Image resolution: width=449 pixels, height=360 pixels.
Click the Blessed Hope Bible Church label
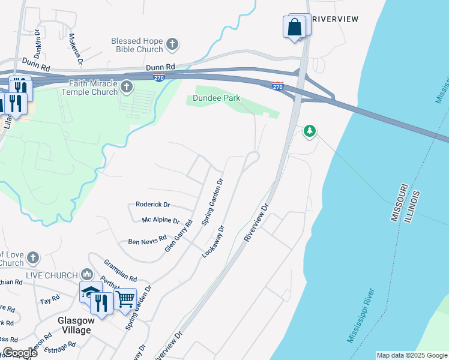[x=137, y=45]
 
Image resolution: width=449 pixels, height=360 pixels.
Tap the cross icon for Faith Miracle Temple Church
[x=126, y=88]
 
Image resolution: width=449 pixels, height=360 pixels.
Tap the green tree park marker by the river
[x=310, y=130]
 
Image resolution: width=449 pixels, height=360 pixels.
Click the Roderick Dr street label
[x=153, y=204]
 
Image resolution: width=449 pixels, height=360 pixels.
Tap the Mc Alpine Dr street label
[x=160, y=221]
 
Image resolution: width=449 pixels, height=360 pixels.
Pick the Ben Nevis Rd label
[x=148, y=241]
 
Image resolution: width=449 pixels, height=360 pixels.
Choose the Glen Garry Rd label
[x=178, y=235]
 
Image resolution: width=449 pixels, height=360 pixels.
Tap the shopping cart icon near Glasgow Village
[x=125, y=297]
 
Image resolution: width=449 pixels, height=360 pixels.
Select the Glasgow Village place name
[x=74, y=325]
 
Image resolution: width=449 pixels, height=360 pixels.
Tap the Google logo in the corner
[x=20, y=352]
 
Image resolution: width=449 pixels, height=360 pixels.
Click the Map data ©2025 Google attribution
[x=412, y=355]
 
